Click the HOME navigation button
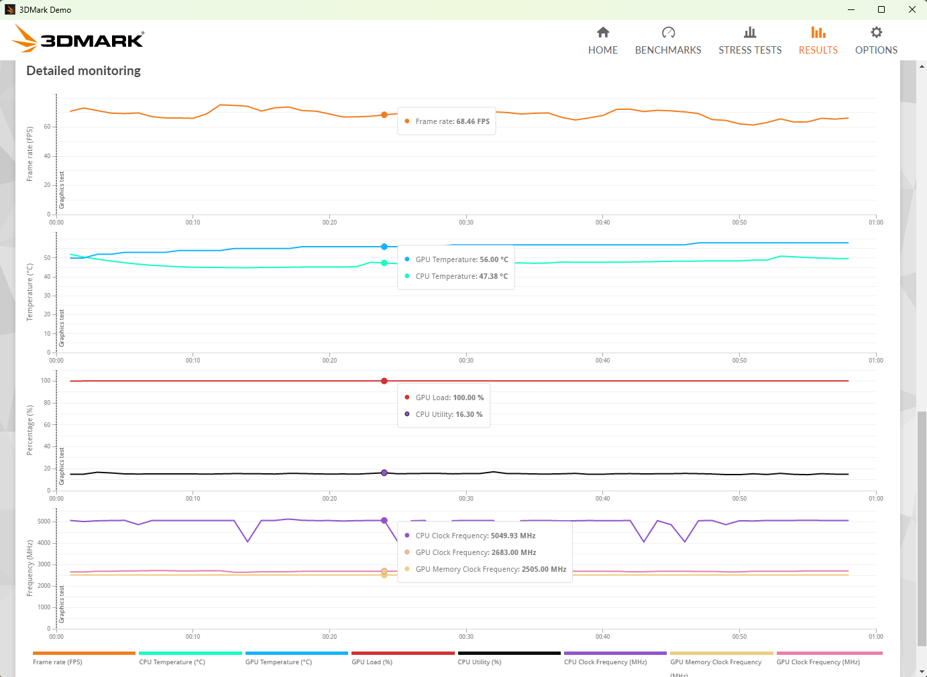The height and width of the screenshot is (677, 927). point(602,40)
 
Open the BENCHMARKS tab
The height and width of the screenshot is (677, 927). point(668,40)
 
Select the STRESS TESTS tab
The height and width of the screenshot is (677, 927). point(750,40)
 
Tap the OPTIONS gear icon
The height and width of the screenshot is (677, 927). point(876,32)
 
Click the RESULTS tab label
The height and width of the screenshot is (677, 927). point(818,50)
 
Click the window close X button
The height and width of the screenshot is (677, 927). point(912,9)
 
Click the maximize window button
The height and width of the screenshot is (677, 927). point(881,9)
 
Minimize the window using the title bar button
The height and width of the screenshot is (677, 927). point(851,9)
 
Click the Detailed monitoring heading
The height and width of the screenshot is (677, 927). point(84,71)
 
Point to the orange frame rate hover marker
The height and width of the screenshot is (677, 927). point(384,115)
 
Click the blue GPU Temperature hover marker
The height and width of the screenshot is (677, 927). point(384,247)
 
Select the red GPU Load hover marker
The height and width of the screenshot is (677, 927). point(384,381)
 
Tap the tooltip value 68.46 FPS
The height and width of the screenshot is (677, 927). point(473,121)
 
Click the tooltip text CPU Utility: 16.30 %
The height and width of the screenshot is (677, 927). point(449,414)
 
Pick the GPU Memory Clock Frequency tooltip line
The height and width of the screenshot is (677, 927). point(491,569)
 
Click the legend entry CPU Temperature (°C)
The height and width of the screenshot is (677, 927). point(172,662)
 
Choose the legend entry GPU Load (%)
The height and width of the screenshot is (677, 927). point(372,662)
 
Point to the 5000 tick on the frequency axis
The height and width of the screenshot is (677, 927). point(44,521)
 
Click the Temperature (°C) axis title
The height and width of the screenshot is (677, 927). point(30,292)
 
